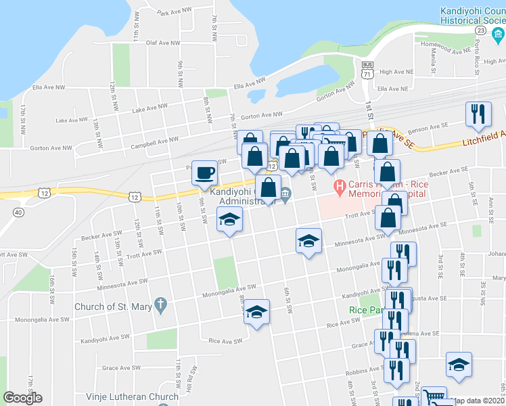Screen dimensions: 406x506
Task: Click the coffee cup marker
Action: (205, 173)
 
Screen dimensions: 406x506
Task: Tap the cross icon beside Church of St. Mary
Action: (160, 306)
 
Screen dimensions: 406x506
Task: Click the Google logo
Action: (23, 398)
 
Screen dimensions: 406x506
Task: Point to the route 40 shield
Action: (18, 212)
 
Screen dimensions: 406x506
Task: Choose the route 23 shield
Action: (480, 30)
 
